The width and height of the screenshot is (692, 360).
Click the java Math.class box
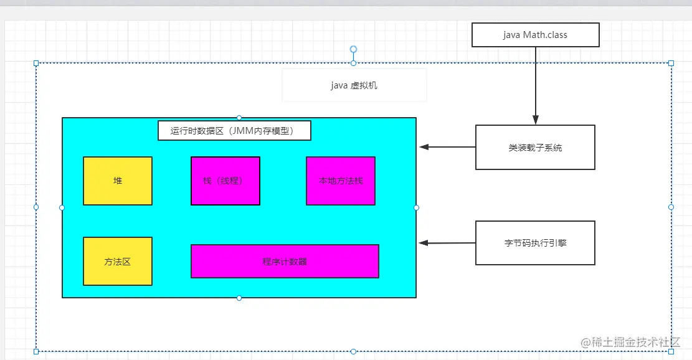tap(535, 35)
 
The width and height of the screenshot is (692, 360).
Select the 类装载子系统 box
tap(535, 148)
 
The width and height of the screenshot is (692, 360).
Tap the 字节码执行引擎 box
tap(535, 243)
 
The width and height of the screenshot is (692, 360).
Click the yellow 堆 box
tap(118, 181)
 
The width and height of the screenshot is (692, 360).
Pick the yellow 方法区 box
tap(118, 262)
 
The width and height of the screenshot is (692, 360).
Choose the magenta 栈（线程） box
tap(225, 181)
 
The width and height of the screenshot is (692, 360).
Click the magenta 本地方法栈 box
tap(340, 181)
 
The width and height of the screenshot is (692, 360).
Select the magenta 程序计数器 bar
tap(285, 262)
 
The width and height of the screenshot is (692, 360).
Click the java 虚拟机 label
tap(354, 85)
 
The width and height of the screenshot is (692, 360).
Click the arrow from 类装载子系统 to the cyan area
tap(447, 148)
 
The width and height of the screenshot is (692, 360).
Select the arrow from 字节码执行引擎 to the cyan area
tap(447, 243)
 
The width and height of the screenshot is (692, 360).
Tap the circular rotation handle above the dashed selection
tap(353, 49)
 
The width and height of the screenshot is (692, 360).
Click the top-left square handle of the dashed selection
tap(36, 63)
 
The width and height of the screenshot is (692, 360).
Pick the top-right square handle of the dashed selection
tap(671, 63)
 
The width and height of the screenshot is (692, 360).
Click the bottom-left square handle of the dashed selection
tap(36, 351)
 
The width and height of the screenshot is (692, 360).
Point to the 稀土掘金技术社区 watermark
tap(630, 342)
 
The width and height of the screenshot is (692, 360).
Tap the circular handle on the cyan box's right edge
tap(416, 207)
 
